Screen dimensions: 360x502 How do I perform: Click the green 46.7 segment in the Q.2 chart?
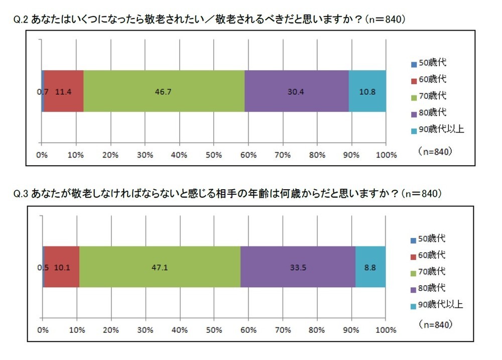(164, 91)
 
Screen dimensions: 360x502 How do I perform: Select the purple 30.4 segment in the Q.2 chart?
(296, 91)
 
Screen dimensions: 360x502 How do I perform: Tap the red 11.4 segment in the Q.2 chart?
(64, 91)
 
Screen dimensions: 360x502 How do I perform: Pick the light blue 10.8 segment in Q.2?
(367, 91)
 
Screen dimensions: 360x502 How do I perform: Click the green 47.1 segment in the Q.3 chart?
(160, 267)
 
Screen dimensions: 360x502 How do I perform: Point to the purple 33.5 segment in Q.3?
(298, 267)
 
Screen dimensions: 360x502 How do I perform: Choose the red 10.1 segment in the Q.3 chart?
(62, 267)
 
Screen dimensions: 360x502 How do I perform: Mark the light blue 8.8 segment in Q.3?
(370, 267)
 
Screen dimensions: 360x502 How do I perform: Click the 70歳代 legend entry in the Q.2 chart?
(431, 95)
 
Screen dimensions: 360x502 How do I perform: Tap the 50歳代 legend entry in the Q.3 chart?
(430, 239)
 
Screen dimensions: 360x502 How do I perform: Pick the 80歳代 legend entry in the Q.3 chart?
(430, 288)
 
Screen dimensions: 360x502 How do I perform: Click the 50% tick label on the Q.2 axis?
(214, 155)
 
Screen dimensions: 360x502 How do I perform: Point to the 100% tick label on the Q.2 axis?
(386, 155)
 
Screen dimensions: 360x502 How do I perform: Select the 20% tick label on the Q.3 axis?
(111, 330)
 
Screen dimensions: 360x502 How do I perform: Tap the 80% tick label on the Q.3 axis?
(317, 330)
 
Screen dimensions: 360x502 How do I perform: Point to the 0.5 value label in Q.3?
(44, 267)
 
